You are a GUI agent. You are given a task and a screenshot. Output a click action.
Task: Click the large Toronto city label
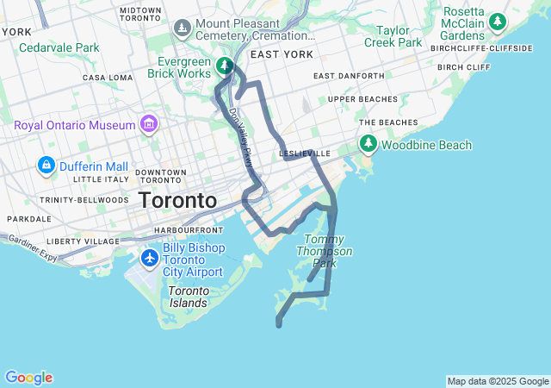coord(178,200)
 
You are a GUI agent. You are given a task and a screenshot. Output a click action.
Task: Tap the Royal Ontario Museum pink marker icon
coord(150,125)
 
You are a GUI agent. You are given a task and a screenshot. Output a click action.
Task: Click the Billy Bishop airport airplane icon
coord(150,257)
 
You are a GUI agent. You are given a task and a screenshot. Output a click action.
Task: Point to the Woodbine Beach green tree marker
coord(368,144)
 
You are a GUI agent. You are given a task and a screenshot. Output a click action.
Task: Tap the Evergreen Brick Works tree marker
coord(224,66)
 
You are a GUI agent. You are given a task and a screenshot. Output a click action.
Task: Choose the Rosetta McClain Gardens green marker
coord(497,22)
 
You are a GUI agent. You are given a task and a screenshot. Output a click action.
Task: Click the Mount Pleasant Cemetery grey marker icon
coord(182,29)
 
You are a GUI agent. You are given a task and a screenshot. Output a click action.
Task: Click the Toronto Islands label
coord(188,297)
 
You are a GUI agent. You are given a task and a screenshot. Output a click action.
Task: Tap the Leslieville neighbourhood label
coord(306,153)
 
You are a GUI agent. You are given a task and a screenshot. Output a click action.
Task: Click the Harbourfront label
coord(189,231)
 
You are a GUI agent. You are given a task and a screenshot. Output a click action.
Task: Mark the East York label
coord(282,53)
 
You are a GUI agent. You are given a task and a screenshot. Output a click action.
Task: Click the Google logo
coord(28,378)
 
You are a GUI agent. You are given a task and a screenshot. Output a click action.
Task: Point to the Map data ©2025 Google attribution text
coord(497,381)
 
